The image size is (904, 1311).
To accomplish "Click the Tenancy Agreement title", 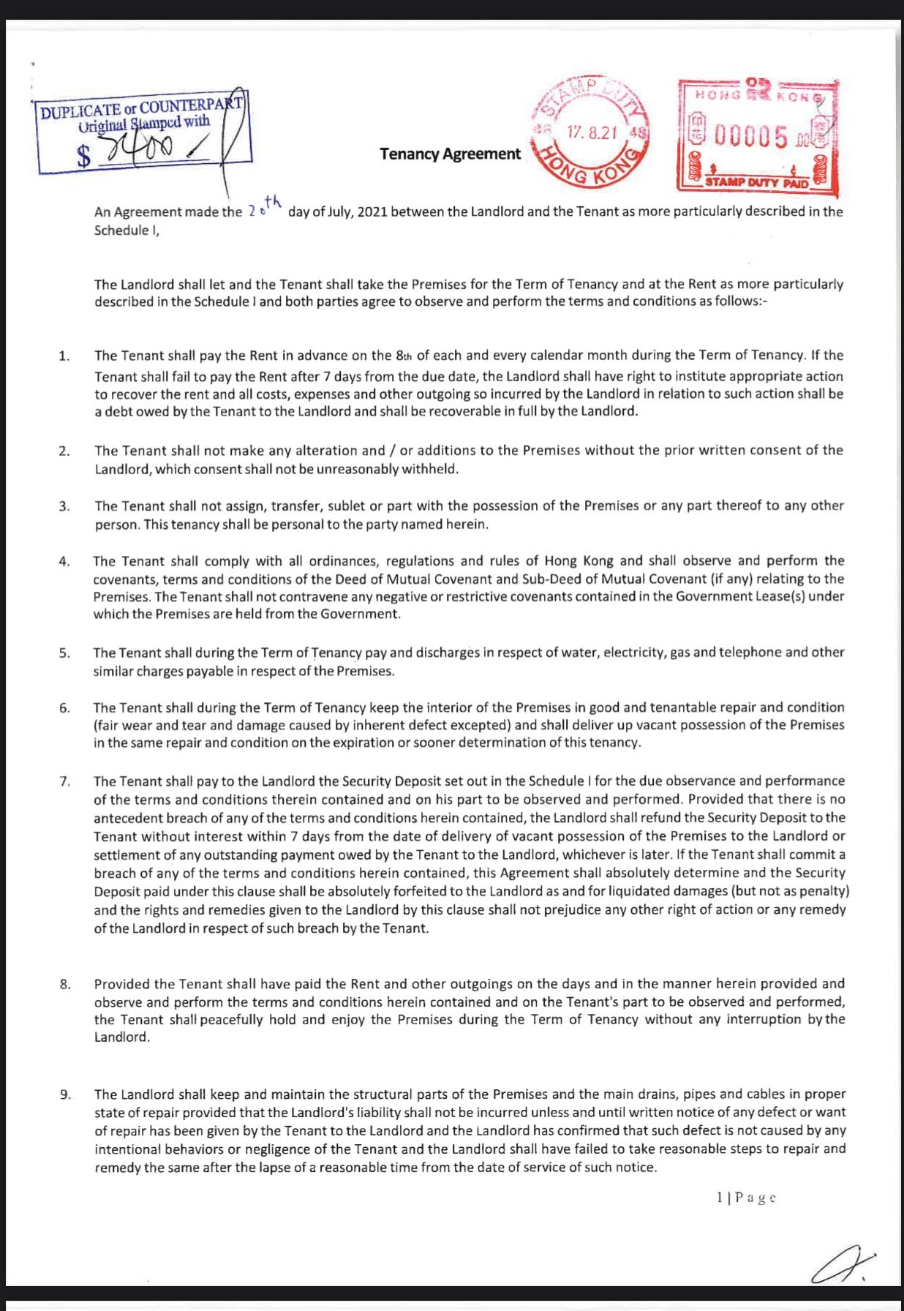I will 450,154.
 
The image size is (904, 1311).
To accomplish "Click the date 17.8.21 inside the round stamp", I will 592,132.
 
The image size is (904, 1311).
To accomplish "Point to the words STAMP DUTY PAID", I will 757,182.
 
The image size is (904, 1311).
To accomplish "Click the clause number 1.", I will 64,356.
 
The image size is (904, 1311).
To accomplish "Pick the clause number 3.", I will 64,506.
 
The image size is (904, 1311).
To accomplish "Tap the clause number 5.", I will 64,653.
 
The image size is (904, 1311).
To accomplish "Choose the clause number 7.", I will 64,781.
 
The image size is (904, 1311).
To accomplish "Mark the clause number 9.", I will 65,1094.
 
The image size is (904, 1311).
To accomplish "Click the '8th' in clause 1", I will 404,356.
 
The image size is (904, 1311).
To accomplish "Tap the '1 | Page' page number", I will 745,1198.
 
